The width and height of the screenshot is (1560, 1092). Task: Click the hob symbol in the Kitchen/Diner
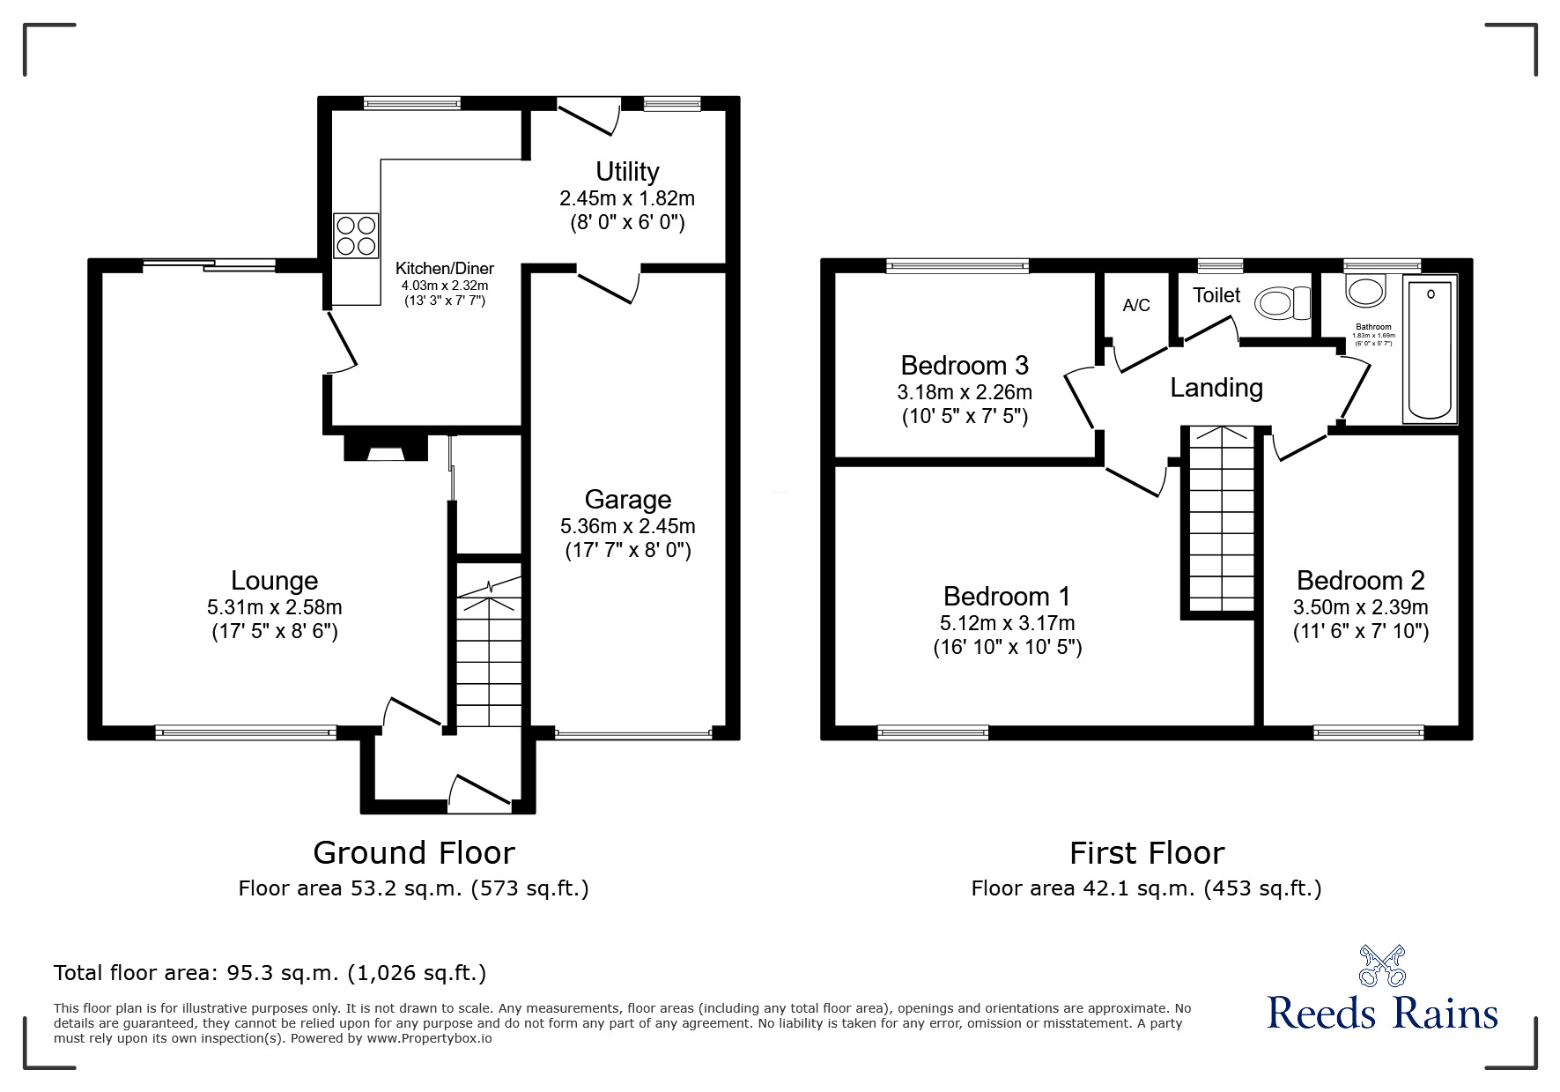coord(356,235)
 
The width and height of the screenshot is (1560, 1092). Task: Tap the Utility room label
coord(627,171)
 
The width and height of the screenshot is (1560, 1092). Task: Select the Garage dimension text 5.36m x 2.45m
coord(627,526)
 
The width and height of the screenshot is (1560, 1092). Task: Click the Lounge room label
coord(274,581)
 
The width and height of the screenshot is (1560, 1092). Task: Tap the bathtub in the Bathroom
coord(1430,351)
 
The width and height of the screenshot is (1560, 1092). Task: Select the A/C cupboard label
coord(1136,306)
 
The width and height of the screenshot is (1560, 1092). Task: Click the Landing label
coord(1216,388)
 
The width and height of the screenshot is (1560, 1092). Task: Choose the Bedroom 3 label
coord(965,365)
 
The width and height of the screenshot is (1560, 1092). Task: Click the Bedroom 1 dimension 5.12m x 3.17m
coord(1007,623)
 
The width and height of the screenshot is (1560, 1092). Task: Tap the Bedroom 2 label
coord(1360,581)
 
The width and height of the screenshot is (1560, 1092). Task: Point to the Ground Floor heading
coord(413,853)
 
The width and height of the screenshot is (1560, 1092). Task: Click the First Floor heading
coord(1146,853)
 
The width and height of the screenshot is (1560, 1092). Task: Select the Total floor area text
coord(270,973)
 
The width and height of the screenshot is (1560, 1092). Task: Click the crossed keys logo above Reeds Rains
coord(1381,965)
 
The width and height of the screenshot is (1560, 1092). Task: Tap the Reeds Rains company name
coord(1382,1013)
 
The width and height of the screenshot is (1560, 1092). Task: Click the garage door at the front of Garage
coord(633,733)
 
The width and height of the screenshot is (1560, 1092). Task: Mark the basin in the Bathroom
coord(1364,289)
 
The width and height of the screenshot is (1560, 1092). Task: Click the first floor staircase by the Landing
coord(1219,520)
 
